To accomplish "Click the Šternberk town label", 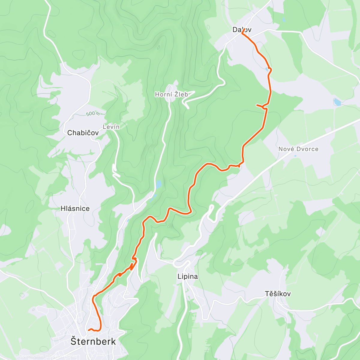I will (93, 341).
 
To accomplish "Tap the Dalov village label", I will (242, 30).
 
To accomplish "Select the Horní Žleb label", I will (171, 94).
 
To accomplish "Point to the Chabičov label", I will (83, 133).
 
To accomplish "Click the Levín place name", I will (111, 127).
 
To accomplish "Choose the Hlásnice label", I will (75, 208).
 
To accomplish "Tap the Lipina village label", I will (187, 276).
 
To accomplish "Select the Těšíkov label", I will (277, 294).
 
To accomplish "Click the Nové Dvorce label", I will (298, 149).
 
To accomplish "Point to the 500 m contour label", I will (93, 114).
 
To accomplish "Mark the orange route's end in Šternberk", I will (89, 330).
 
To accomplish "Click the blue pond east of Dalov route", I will (337, 102).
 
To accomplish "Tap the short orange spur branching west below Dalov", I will (259, 106).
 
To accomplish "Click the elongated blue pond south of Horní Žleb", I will (158, 184).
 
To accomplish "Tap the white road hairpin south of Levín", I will (115, 173).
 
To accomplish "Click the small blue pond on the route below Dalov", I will (267, 70).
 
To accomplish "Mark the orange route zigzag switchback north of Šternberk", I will (133, 263).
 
